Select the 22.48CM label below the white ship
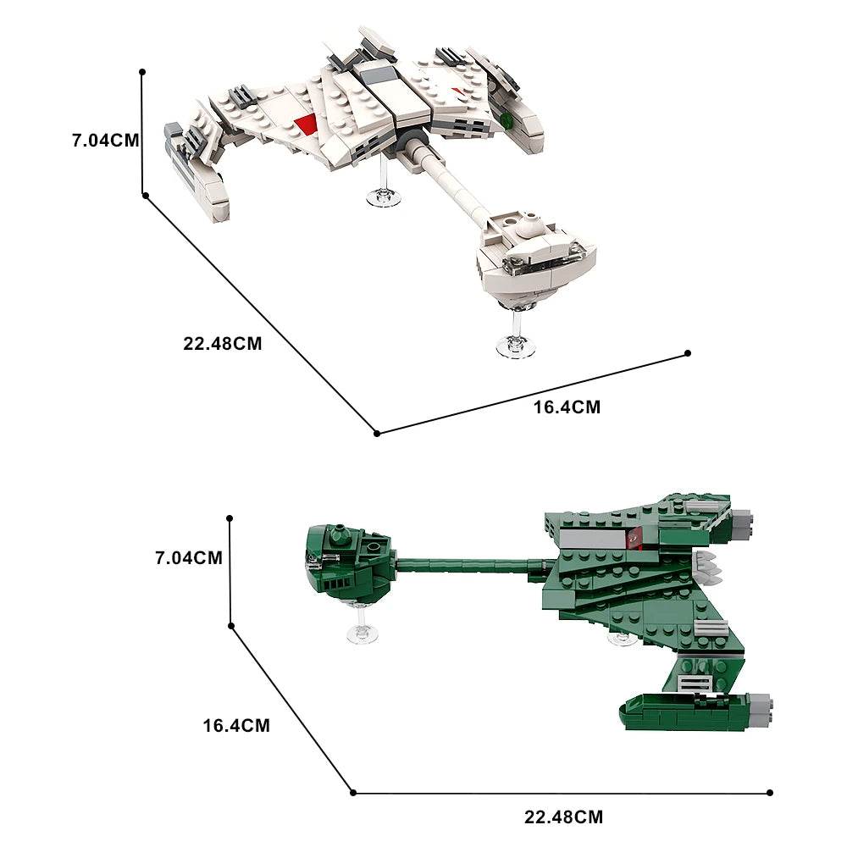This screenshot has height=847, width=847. [x=222, y=344]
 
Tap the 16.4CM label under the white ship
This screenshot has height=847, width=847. [x=566, y=407]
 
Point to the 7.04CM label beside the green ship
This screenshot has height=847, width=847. [x=188, y=557]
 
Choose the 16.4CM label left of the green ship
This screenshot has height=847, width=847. [x=236, y=725]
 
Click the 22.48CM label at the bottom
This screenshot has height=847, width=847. [x=563, y=817]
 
